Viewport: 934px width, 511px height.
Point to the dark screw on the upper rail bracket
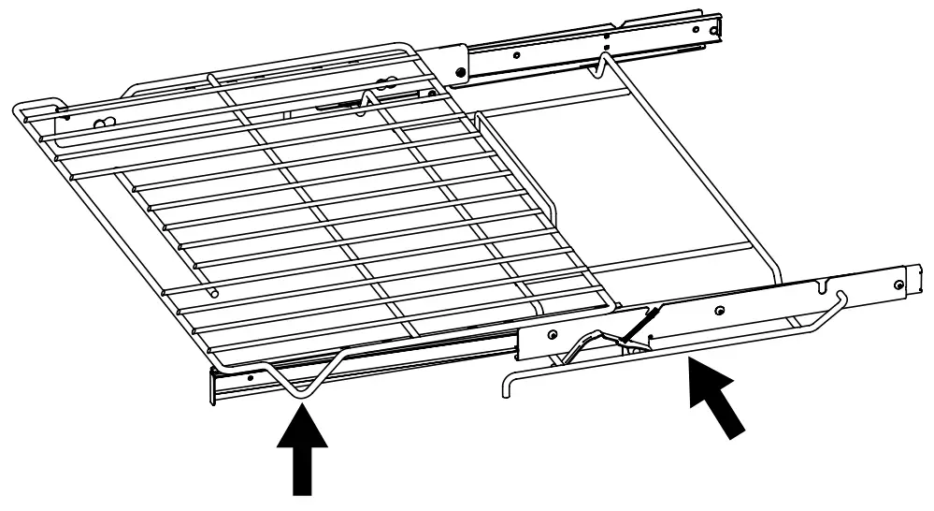[x=460, y=71]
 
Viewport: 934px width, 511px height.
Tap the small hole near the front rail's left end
[x=251, y=378]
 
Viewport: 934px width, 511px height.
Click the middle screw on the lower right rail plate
[x=718, y=309]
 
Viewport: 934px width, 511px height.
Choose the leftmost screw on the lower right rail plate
[x=553, y=333]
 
